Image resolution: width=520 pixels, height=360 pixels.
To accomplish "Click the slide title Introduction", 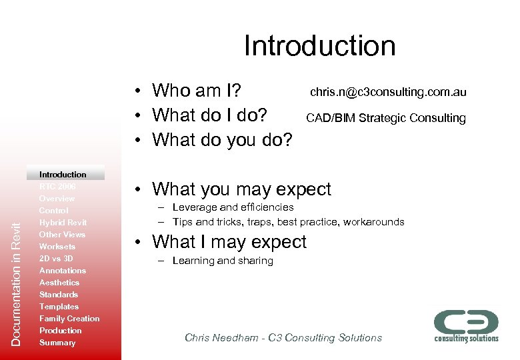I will (319, 46).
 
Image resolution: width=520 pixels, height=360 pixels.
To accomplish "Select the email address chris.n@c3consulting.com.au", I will (387, 91).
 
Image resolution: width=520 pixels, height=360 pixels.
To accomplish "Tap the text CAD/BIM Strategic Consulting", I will (385, 118).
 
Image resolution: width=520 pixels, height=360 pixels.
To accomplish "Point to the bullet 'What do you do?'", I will (222, 140).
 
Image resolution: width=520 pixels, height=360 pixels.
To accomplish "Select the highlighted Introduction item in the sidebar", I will (63, 174).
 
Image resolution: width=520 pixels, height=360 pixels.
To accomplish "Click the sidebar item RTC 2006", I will (57, 187).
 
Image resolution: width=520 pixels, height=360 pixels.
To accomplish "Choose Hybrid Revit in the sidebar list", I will (63, 223).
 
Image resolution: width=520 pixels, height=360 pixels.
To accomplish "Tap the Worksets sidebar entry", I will (57, 247).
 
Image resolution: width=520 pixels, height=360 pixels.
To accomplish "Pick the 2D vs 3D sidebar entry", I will (56, 259).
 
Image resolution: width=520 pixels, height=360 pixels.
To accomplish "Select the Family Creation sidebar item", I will (69, 319).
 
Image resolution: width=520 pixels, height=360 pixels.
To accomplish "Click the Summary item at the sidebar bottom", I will (57, 343).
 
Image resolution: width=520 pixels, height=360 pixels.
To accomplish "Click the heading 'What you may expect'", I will (241, 189).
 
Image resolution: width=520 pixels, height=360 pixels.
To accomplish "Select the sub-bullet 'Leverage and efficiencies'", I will (233, 207).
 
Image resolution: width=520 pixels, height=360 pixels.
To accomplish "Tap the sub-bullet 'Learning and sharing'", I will (223, 261).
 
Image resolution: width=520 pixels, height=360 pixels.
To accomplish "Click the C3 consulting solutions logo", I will (466, 325).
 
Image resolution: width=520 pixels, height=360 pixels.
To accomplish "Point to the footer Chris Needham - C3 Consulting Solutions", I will (283, 338).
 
